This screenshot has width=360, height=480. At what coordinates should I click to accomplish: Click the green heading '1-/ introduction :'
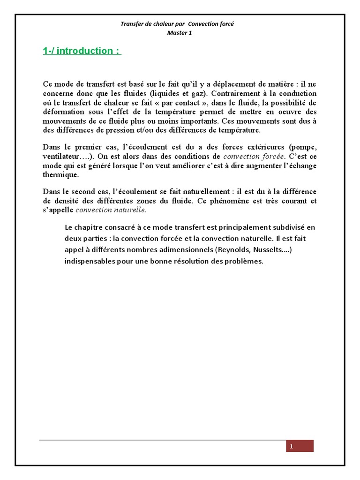(x=82, y=51)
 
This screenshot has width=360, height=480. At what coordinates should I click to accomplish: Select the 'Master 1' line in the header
(x=180, y=33)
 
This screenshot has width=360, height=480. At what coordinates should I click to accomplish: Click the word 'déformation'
(x=64, y=112)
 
